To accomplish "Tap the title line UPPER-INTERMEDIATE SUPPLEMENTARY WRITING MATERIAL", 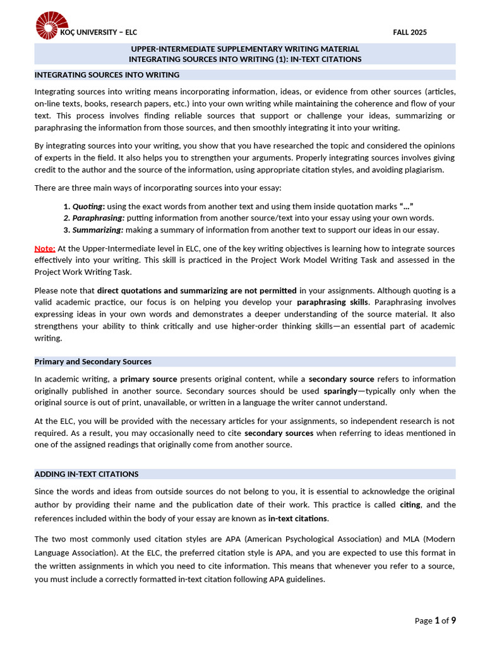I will [x=245, y=49].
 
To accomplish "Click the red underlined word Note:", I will [x=45, y=248].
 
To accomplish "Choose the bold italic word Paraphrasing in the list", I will [x=97, y=218].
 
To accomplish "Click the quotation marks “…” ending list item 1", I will [x=407, y=206].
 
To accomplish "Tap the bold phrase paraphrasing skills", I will [x=332, y=302].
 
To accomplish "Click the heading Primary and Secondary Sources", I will [x=93, y=361].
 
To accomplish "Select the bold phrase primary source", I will [x=149, y=378].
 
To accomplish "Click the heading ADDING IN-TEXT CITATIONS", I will [x=87, y=474].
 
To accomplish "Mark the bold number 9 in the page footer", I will [x=453, y=620].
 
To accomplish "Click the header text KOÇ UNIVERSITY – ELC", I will [x=98, y=32].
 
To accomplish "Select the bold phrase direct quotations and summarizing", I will [x=196, y=290].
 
